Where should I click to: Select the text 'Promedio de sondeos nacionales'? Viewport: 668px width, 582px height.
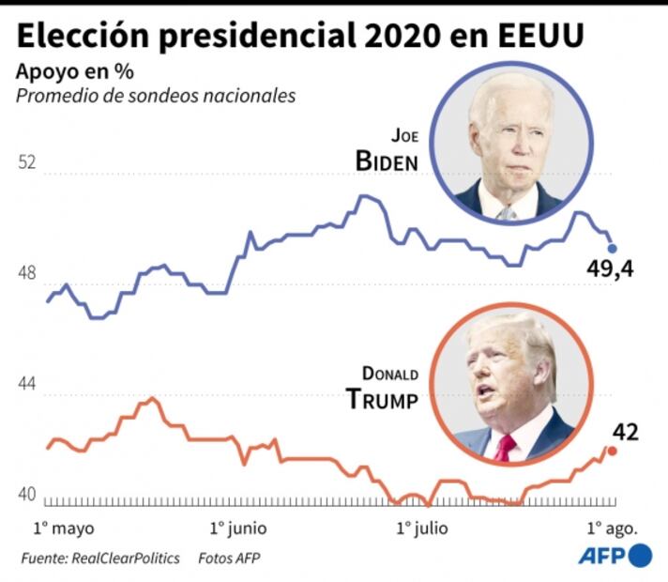click(x=156, y=95)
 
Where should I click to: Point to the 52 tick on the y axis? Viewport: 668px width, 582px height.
click(x=27, y=162)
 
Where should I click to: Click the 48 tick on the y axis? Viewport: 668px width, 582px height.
click(x=27, y=274)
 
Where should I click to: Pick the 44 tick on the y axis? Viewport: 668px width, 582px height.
click(x=27, y=385)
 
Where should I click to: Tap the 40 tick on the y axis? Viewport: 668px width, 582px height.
click(x=27, y=496)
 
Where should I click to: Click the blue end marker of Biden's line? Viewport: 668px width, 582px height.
click(x=613, y=249)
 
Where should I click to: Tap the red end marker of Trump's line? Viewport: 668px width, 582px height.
click(x=613, y=451)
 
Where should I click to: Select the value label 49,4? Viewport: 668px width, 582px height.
click(x=612, y=271)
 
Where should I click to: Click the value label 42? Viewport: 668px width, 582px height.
click(x=625, y=432)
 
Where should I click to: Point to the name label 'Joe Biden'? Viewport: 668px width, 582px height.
click(x=387, y=150)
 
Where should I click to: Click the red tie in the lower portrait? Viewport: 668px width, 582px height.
click(x=505, y=447)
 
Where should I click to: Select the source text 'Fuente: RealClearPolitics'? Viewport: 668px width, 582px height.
click(x=100, y=558)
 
